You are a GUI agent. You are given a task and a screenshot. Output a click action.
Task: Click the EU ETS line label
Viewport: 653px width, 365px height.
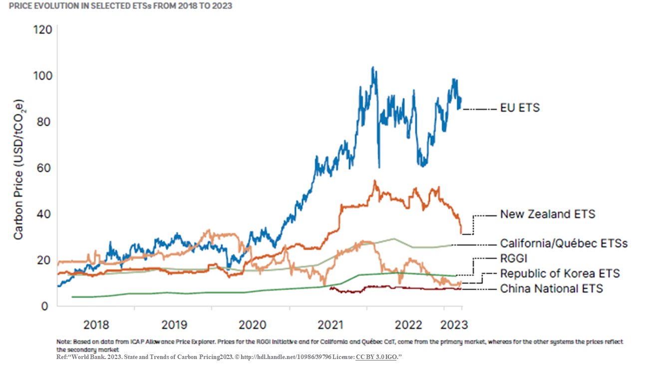click(x=520, y=108)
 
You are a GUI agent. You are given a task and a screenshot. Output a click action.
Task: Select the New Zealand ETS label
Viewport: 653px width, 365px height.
click(x=548, y=214)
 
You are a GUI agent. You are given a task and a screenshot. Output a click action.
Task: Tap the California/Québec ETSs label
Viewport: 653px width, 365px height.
click(x=564, y=244)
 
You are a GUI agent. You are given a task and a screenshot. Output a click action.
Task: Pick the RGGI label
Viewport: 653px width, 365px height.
click(x=514, y=259)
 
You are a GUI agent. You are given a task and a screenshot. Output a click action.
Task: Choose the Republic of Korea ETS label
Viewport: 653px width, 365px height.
click(x=560, y=274)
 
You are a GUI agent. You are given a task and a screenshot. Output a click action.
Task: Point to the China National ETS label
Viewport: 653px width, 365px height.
click(x=551, y=289)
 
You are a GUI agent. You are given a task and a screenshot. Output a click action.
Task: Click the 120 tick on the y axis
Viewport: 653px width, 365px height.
click(x=42, y=30)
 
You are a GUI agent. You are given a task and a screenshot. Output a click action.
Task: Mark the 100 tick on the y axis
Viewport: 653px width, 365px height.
click(x=42, y=76)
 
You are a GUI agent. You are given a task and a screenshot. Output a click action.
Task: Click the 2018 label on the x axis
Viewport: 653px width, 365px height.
click(x=96, y=325)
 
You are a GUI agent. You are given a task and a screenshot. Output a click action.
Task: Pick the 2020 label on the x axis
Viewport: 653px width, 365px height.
click(x=252, y=325)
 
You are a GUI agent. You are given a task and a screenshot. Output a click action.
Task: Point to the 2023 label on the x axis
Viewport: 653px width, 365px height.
click(x=454, y=325)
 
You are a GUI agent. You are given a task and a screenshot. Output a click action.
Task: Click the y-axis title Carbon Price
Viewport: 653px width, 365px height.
click(x=18, y=170)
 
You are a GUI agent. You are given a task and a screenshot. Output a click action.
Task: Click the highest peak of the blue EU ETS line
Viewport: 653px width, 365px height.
click(x=372, y=67)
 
